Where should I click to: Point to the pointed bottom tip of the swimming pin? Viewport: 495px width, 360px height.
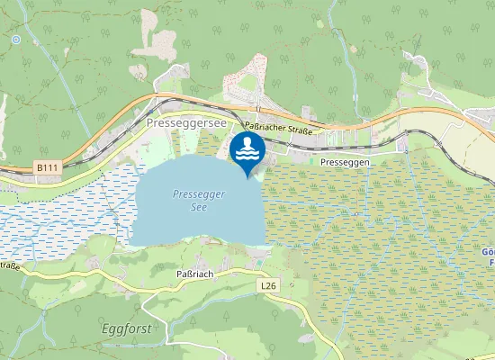coord(247,177)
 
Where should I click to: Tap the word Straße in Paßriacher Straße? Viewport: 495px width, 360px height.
coord(301,130)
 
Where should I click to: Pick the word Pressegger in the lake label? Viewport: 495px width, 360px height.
coord(199,193)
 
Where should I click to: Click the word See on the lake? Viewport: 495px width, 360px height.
coord(200,207)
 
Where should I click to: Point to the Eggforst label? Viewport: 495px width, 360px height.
coord(127,328)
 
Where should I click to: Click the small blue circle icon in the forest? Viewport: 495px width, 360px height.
coord(16,40)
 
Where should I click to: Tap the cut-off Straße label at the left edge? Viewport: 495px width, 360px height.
coord(10,265)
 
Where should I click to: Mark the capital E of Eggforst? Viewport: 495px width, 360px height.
coord(105,328)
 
